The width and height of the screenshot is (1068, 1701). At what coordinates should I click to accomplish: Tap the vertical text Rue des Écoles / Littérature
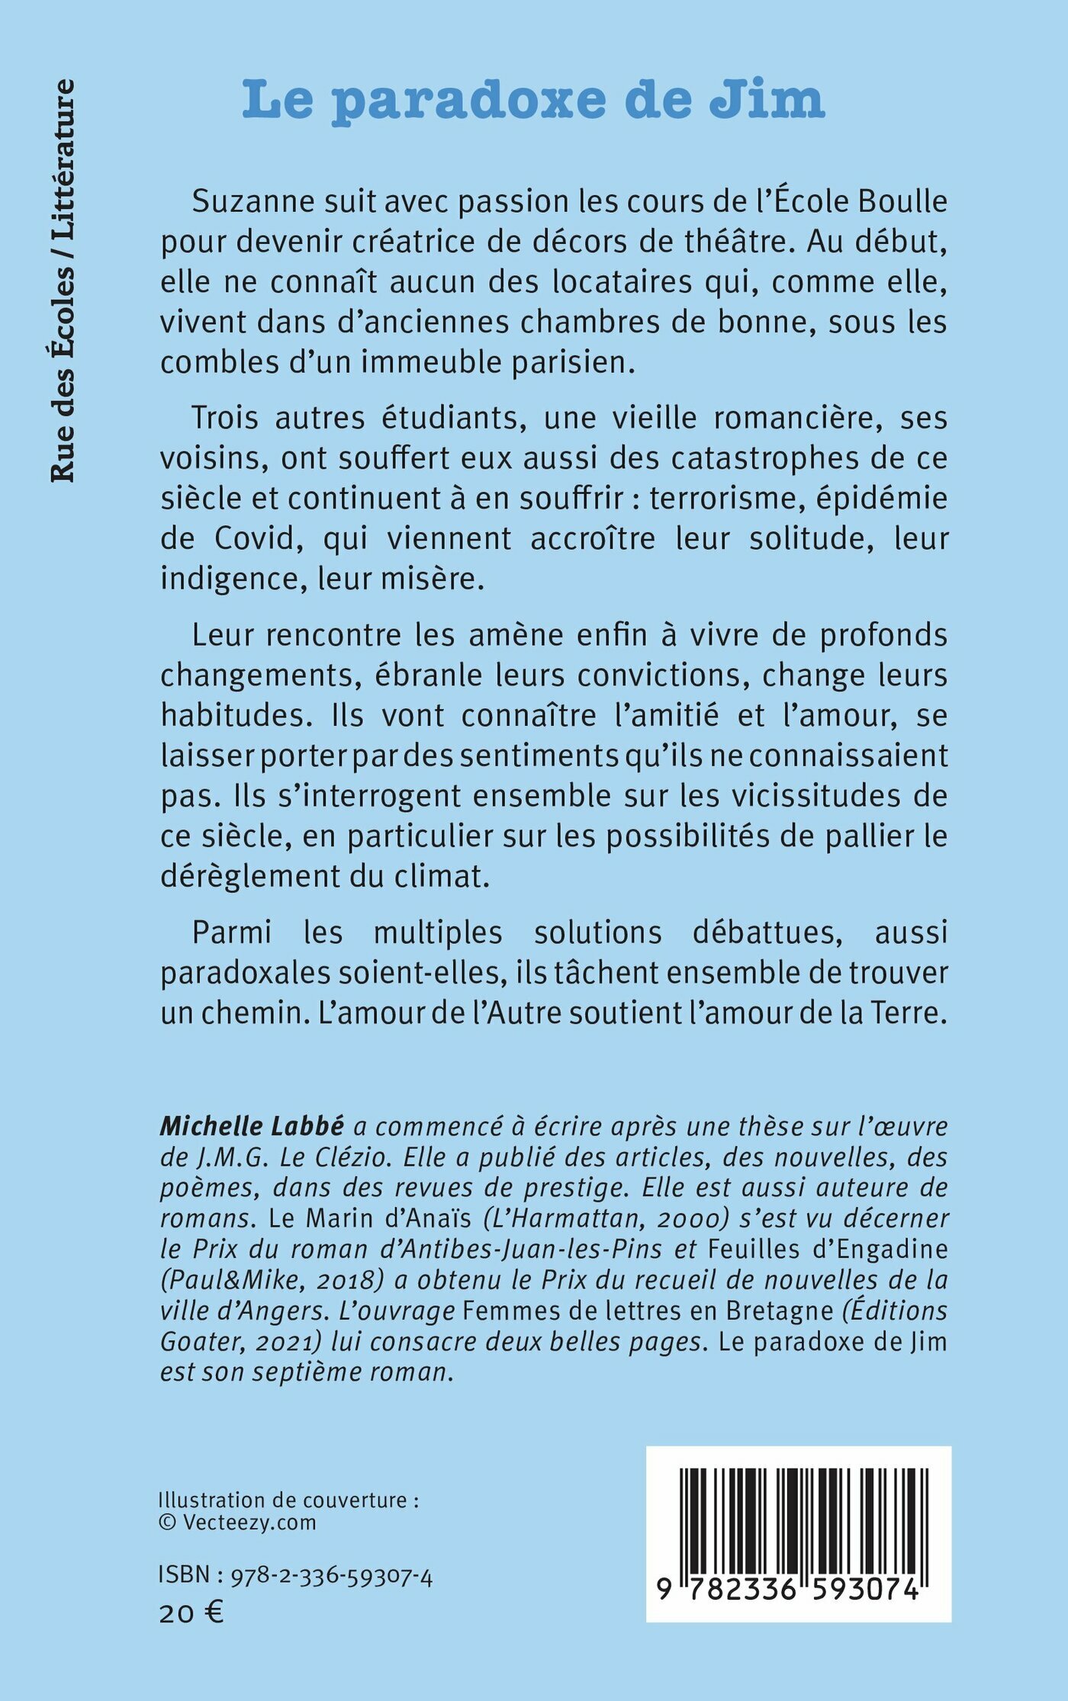point(63,281)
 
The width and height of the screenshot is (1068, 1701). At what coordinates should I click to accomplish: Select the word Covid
point(255,539)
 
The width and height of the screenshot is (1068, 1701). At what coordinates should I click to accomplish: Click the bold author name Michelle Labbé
point(252,1125)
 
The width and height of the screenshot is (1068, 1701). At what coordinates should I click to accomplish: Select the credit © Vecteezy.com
point(237,1523)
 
